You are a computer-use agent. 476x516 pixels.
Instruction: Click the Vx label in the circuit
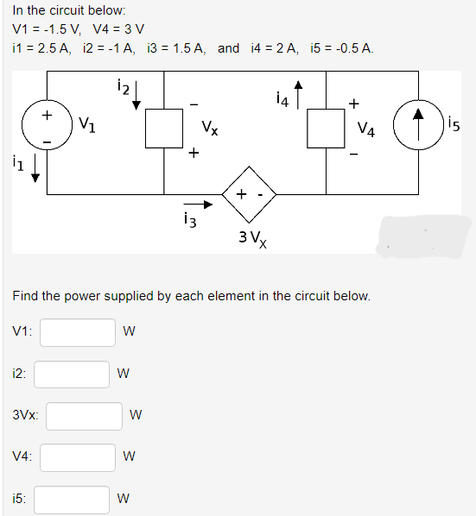coord(209,131)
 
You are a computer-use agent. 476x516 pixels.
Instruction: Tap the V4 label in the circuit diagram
coord(365,130)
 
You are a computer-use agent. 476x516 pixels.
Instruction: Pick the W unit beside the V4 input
coord(128,457)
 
